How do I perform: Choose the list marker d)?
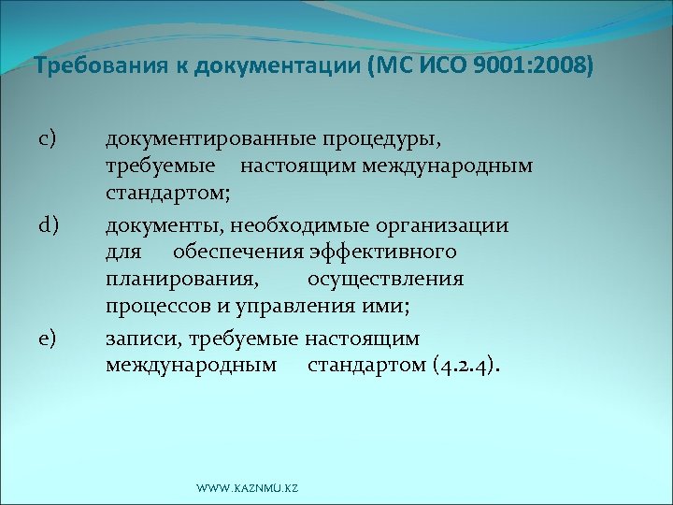click(x=49, y=224)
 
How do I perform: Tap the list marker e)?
click(x=49, y=338)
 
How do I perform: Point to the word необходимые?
click(x=292, y=224)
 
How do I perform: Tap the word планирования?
click(x=182, y=281)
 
